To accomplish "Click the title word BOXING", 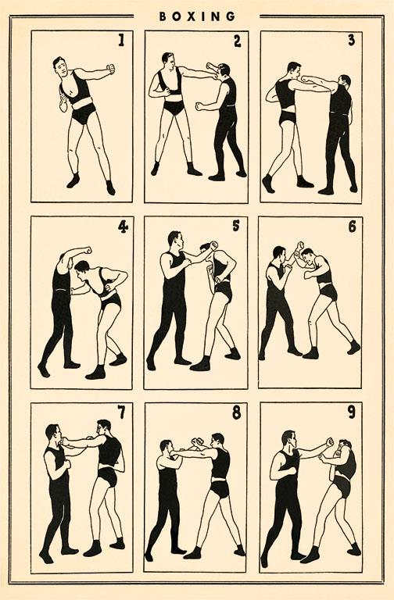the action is pos(197,16).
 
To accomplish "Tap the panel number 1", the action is pos(121,40).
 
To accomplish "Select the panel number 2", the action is pos(238,41).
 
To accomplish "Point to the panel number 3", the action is pos(351,40).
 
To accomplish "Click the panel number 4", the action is pos(123,227).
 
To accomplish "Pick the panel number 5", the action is pos(236,226).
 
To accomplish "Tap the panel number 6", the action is pos(352,227).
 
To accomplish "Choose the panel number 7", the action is pos(121,412).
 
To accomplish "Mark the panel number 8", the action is pos(237,412).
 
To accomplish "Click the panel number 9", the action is pos(351,412).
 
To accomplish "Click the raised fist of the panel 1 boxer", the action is pos(111,69).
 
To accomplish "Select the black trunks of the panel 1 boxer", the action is pos(84,112).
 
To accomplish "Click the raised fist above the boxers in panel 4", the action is pos(88,251).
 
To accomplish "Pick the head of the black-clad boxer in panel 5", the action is pos(175,241).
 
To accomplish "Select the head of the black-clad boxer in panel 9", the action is pos(288,440).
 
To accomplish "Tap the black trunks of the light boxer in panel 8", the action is pos(220,489).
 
